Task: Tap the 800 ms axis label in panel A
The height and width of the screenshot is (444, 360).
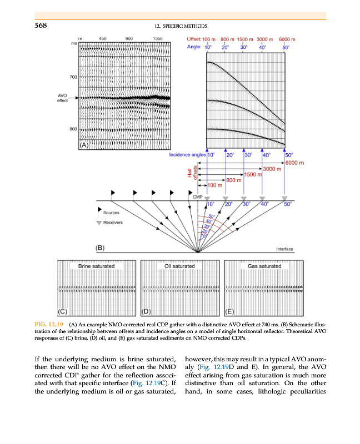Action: click(73, 129)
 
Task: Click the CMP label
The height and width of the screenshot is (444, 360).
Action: click(197, 197)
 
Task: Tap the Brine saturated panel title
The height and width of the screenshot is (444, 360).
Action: click(97, 266)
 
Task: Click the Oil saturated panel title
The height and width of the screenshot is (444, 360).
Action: click(180, 266)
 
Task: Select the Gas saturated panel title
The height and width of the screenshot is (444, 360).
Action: click(264, 266)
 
